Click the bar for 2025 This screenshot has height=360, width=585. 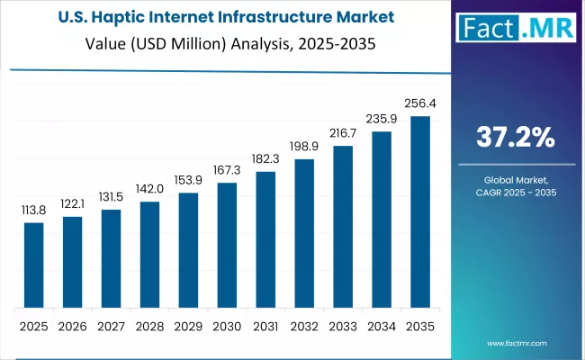pyautogui.click(x=33, y=265)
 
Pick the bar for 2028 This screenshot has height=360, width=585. pyautogui.click(x=149, y=254)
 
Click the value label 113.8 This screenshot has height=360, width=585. pyautogui.click(x=33, y=211)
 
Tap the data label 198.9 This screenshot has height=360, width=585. pyautogui.click(x=305, y=147)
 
